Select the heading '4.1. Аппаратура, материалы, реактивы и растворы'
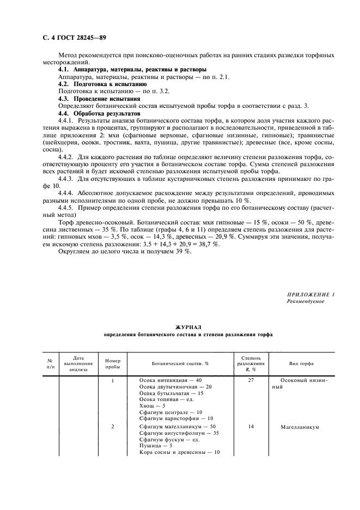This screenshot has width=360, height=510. point(132,70)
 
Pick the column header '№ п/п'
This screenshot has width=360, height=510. point(50,364)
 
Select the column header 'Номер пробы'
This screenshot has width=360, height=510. point(112,364)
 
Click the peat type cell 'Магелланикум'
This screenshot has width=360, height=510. point(300,427)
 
